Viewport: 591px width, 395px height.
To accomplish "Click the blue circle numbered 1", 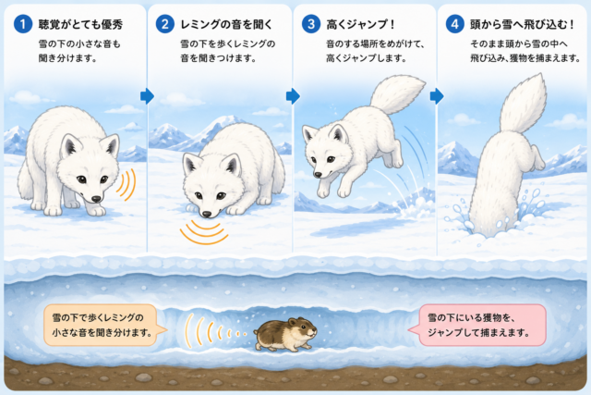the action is pyautogui.click(x=23, y=24).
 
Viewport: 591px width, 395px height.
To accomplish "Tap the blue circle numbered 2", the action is pyautogui.click(x=165, y=24).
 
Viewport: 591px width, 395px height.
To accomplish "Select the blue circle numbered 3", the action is pyautogui.click(x=311, y=24).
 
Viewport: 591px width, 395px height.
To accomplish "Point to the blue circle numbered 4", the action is pyautogui.click(x=455, y=24).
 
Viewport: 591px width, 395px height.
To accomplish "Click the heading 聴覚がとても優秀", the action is pyautogui.click(x=80, y=25).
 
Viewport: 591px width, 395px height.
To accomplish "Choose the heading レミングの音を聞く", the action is pyautogui.click(x=226, y=25).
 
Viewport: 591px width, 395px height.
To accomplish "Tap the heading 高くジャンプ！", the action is pyautogui.click(x=361, y=25).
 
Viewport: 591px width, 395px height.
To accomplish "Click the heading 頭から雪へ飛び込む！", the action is pyautogui.click(x=523, y=25).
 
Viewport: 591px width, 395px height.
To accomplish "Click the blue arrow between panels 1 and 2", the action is pyautogui.click(x=148, y=96).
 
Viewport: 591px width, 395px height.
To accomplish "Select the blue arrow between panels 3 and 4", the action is pyautogui.click(x=437, y=96).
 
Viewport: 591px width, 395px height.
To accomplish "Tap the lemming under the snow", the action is pyautogui.click(x=285, y=334).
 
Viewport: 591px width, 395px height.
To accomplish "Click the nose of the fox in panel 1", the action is pyautogui.click(x=96, y=199).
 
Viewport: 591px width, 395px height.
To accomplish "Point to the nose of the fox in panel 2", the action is pyautogui.click(x=207, y=214).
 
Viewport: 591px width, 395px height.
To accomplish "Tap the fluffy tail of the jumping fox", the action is pyautogui.click(x=396, y=94).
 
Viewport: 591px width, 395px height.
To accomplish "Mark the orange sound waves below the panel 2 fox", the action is pyautogui.click(x=204, y=231).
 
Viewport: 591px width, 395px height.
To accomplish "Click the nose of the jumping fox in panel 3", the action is pyautogui.click(x=318, y=175).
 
